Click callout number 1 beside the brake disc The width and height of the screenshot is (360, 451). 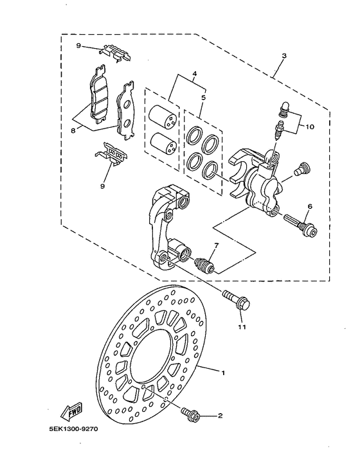coord(224,373)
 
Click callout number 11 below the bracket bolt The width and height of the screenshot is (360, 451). coord(242,327)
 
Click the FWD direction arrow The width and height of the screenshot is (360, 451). coord(68,409)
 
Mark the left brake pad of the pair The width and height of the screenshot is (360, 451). coord(98,99)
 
